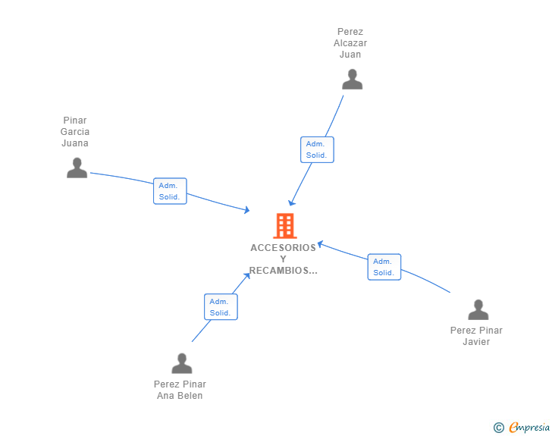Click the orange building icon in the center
click(x=284, y=226)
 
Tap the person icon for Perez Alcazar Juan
click(x=352, y=80)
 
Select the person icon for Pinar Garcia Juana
click(x=77, y=168)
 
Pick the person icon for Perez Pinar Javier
click(x=478, y=310)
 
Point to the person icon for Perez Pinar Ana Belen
click(x=181, y=364)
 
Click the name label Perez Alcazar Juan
click(x=350, y=43)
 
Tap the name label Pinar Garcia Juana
click(x=75, y=132)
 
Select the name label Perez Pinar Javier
click(x=476, y=336)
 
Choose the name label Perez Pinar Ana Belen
click(x=180, y=390)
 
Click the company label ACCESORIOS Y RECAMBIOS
click(x=284, y=259)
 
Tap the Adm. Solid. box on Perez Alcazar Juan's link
click(x=317, y=149)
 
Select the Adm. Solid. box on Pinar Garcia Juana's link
click(x=170, y=191)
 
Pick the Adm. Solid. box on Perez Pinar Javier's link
click(x=384, y=267)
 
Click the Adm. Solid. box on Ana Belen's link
click(x=221, y=306)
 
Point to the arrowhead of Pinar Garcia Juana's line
click(x=246, y=209)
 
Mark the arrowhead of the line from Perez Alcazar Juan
click(x=291, y=202)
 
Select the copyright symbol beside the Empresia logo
click(x=499, y=428)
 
